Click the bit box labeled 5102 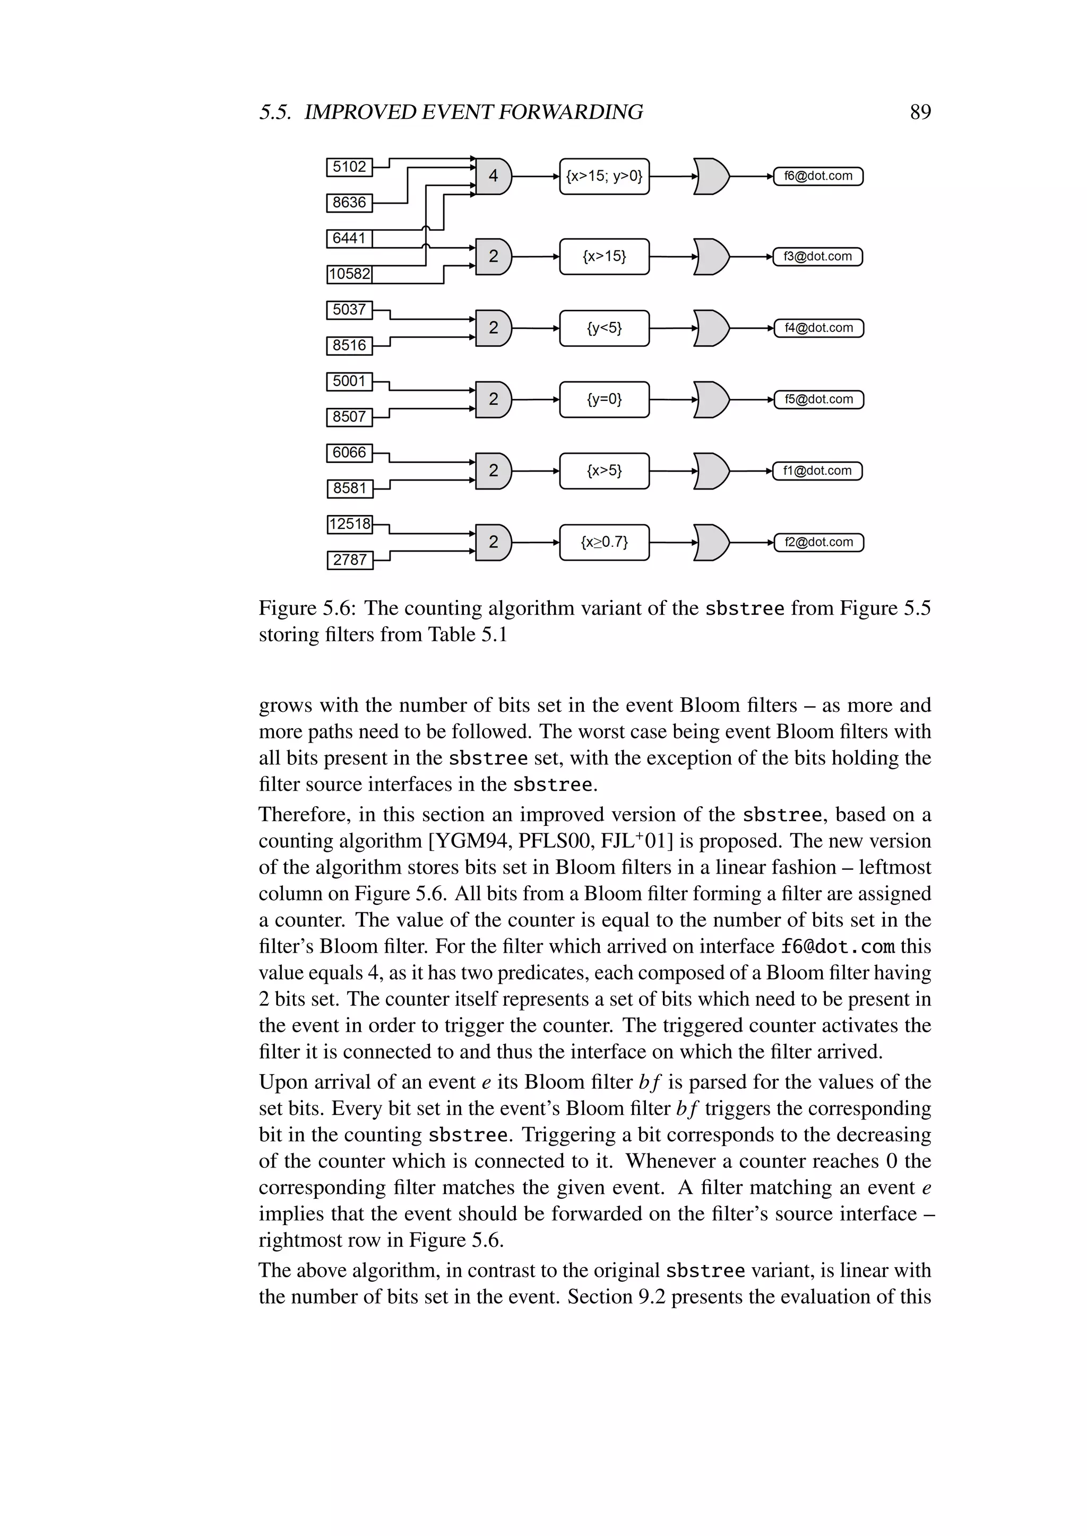349,167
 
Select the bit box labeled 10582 349,274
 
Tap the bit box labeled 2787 349,559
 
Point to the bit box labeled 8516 349,345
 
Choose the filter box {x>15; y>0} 603,177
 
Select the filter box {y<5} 603,328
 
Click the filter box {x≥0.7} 603,542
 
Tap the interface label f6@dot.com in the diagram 818,177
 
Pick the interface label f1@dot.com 817,471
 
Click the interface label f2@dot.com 818,542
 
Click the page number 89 920,112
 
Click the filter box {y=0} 603,399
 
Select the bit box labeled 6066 349,452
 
